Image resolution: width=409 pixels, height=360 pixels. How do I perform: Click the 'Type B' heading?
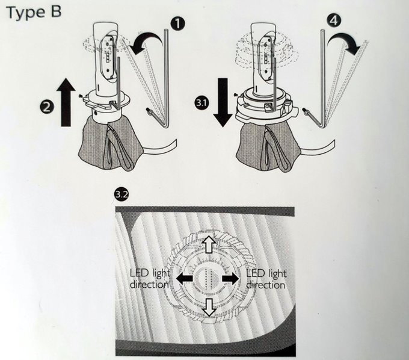tap(34, 13)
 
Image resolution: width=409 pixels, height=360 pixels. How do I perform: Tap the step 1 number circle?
tap(177, 23)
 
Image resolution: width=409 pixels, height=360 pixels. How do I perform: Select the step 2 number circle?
tap(47, 107)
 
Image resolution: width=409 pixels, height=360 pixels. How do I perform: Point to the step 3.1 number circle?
tap(201, 102)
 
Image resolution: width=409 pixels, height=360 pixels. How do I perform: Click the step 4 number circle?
tap(334, 20)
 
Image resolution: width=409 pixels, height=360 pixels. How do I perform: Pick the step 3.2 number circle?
tap(121, 195)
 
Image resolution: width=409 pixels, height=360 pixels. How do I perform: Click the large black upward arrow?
tap(66, 102)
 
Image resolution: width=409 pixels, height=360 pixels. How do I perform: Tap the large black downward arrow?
tap(223, 102)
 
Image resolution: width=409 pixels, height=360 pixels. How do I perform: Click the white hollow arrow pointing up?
tap(209, 244)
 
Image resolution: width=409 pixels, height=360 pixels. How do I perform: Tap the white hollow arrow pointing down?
tap(209, 308)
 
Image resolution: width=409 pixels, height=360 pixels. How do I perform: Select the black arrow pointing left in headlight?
tap(185, 278)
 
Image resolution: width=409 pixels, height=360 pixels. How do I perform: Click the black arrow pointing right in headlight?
tap(230, 279)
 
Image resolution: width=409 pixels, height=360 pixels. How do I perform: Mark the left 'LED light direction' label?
tap(150, 279)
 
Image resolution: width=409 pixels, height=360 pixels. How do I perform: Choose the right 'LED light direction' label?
tap(266, 279)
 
